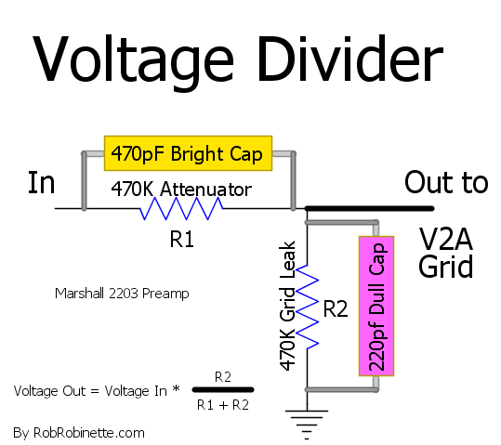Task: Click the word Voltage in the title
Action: pos(133,60)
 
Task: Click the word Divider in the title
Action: pos(350,59)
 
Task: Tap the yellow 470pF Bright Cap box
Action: pos(188,153)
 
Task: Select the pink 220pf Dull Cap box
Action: pos(376,306)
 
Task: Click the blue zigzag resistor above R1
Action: pos(181,208)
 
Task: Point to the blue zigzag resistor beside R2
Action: pos(307,307)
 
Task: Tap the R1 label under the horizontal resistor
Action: pos(182,239)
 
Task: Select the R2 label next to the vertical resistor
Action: pos(336,308)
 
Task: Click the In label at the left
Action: pos(42,182)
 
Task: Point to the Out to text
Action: pos(446,182)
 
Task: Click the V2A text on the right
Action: pos(446,239)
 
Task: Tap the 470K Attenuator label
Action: pos(181,189)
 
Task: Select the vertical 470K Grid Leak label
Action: pos(287,306)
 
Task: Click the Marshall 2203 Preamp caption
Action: pos(122,294)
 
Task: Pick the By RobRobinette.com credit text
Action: pos(79,433)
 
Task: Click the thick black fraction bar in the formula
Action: pos(223,389)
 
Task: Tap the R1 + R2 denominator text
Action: pos(223,405)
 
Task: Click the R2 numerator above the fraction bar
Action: pos(223,377)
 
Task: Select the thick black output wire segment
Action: pos(370,209)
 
